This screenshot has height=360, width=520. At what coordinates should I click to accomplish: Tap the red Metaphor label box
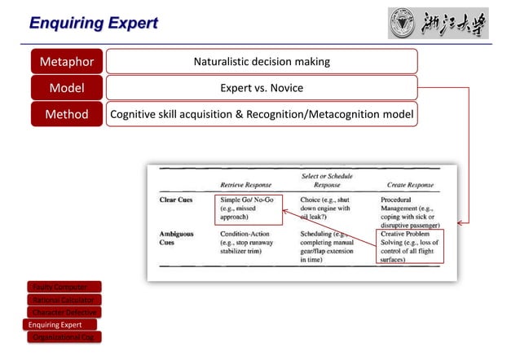[68, 61]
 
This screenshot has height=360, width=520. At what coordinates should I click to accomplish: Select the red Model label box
[68, 88]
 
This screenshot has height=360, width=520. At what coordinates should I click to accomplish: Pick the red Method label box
[68, 115]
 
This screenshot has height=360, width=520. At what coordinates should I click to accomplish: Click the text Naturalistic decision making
[262, 61]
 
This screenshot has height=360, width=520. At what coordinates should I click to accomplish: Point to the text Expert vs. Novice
[262, 88]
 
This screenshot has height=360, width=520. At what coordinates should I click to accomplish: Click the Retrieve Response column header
[245, 185]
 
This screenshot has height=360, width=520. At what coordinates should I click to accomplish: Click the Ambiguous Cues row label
[177, 237]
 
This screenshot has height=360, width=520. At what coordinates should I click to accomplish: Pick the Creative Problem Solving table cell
[411, 247]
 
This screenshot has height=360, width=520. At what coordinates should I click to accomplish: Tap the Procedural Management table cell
[411, 211]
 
